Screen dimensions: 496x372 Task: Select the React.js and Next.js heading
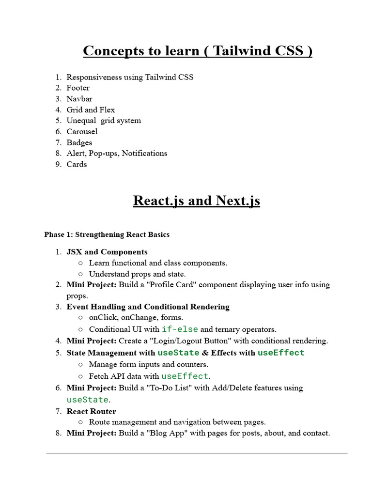tap(196, 201)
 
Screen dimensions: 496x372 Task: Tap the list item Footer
tap(78, 88)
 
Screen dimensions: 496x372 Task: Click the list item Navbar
tap(79, 99)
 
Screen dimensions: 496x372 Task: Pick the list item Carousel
tap(82, 131)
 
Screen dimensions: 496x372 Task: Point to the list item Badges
tap(79, 142)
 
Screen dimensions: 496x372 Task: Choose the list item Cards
tap(77, 164)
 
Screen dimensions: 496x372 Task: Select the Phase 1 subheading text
tap(107, 234)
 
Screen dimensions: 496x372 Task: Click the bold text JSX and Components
tap(107, 252)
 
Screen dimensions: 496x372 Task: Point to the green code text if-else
tap(180, 329)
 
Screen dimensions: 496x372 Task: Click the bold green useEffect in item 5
tap(281, 353)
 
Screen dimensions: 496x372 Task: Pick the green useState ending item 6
tap(87, 400)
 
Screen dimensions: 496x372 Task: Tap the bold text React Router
tap(91, 411)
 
